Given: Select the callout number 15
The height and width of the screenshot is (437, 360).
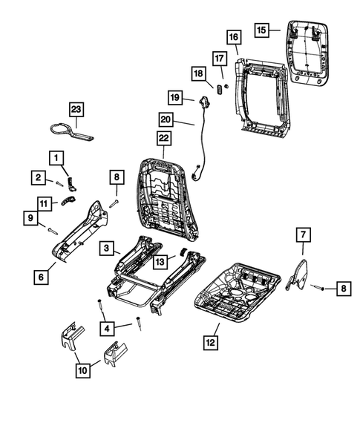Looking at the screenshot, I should [x=261, y=30].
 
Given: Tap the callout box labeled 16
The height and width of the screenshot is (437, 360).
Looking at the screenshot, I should [x=232, y=37].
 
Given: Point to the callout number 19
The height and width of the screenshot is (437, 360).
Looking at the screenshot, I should [x=174, y=98].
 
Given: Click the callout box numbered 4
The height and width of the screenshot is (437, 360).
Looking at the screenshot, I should [x=108, y=327].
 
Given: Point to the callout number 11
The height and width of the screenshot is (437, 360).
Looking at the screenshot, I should [x=45, y=202].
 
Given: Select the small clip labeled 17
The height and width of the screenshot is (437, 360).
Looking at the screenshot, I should [x=219, y=87].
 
